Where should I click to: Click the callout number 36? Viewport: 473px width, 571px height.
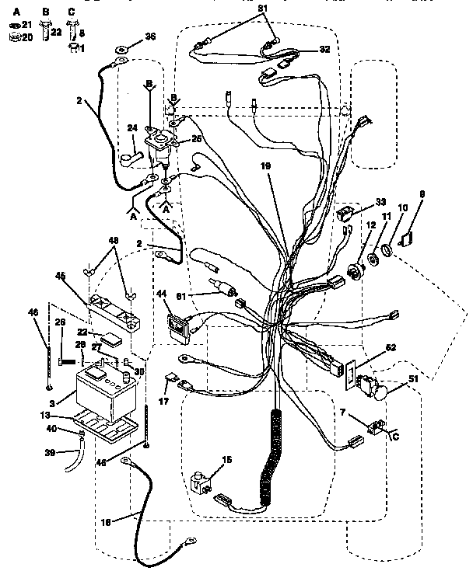pos(150,36)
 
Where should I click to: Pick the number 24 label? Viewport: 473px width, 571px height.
pos(132,129)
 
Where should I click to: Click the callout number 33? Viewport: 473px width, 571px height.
pos(381,202)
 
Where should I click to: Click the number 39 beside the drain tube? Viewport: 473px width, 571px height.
pos(51,453)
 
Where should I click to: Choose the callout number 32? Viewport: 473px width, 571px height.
pos(324,50)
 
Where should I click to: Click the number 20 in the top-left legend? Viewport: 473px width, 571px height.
pos(26,37)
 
